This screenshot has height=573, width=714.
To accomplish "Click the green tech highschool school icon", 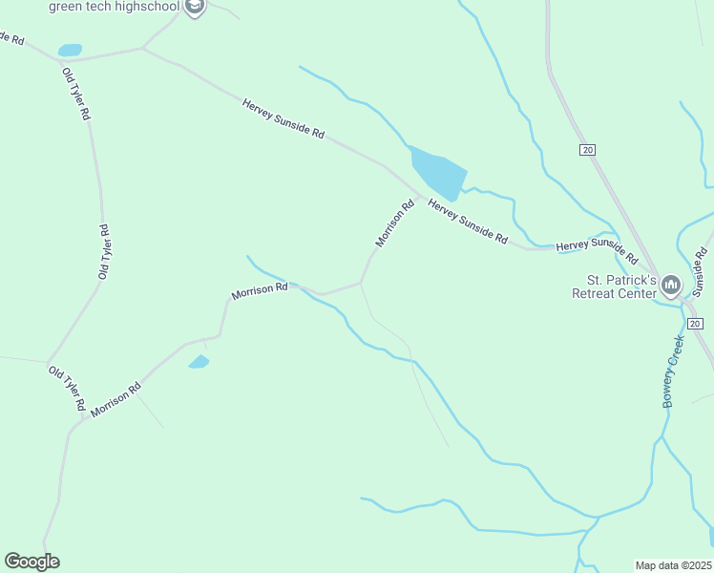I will point(195,8).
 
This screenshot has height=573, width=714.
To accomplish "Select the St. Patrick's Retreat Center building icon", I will point(671,286).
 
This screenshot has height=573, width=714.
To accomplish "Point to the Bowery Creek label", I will point(675,371).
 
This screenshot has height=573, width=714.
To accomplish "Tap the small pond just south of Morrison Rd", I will point(199,362).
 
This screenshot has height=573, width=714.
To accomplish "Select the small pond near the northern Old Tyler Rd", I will point(70,50).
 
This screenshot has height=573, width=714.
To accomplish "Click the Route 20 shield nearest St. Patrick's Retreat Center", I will point(695,324).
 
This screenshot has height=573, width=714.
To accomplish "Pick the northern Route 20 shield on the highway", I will point(587,149).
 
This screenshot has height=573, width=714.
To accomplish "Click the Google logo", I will point(31,562).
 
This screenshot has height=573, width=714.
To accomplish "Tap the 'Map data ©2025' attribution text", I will point(673,564).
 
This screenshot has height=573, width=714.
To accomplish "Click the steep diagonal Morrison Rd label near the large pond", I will point(395,223).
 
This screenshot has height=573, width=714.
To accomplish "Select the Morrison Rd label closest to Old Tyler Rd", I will point(116,400).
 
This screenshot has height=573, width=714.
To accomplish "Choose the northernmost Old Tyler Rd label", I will point(76,94).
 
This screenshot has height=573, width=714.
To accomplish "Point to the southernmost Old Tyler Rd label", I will point(67,388).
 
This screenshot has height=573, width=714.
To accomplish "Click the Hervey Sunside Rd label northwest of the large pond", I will point(283,119).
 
